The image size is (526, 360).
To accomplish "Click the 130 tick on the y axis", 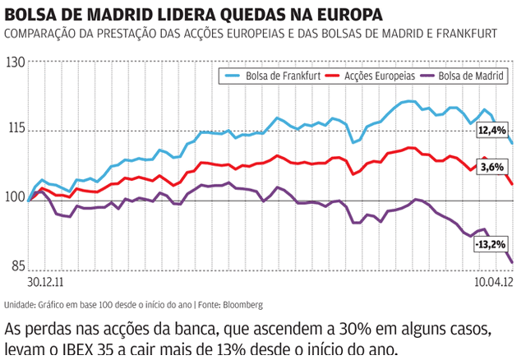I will coord(14,63).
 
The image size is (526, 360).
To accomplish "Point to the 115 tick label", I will coord(14,130).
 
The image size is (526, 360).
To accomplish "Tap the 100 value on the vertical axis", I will coord(14,197).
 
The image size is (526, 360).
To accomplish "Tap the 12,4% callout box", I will coord(493,131).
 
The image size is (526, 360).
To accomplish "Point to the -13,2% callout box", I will coord(491,244).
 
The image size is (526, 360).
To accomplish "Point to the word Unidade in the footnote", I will coord(21,303).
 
